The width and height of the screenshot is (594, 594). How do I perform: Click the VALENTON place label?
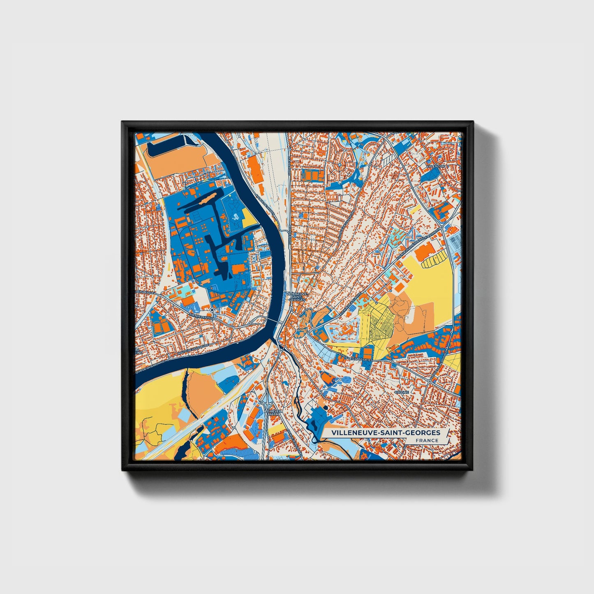click(435, 166)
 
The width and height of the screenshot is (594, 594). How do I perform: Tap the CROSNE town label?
click(402, 392)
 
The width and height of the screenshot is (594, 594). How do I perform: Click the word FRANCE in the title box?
click(427, 440)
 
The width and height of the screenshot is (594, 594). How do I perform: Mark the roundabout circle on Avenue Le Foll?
click(211, 309)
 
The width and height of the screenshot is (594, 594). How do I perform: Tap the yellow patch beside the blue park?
click(249, 217)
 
